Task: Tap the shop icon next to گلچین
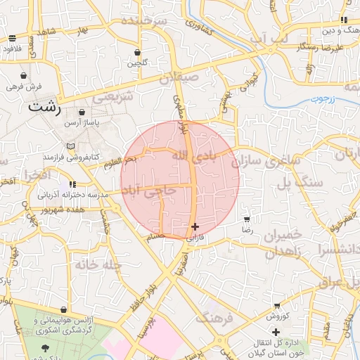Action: [137, 53]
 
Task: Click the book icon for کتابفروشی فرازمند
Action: [70, 146]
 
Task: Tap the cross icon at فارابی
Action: [195, 226]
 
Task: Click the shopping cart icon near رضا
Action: [245, 219]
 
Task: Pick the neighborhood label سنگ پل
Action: [293, 183]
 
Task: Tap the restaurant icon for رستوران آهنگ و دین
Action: [343, 20]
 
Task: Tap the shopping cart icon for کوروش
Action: [277, 306]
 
